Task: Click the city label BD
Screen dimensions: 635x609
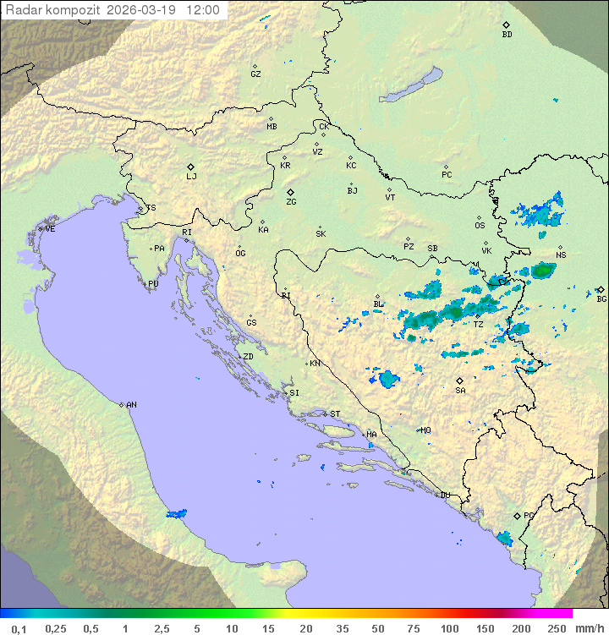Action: pos(507,35)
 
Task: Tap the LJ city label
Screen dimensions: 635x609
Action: pos(191,177)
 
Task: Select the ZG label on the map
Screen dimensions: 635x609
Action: pos(291,202)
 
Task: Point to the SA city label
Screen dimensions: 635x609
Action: pos(460,391)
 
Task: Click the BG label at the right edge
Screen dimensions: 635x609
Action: pos(601,298)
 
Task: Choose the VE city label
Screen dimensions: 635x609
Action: pos(50,229)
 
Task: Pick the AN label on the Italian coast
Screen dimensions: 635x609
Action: pos(131,405)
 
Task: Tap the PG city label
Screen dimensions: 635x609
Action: pos(529,515)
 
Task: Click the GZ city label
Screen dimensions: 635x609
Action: pos(255,74)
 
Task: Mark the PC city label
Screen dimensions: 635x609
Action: pos(447,175)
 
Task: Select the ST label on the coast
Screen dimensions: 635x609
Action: pos(335,414)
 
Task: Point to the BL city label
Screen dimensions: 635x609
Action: pos(378,304)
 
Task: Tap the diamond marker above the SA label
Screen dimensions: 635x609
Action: pos(460,380)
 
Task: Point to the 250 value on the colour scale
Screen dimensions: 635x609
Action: pos(556,628)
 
